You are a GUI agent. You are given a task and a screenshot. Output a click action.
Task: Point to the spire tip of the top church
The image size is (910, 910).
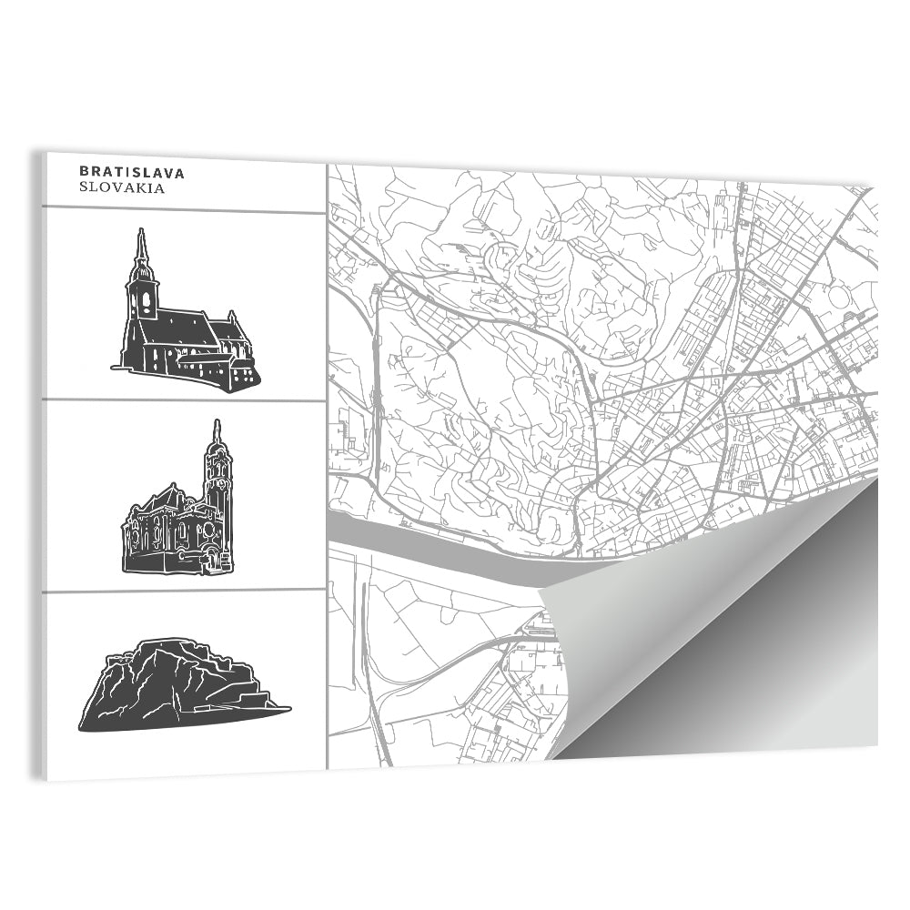140,231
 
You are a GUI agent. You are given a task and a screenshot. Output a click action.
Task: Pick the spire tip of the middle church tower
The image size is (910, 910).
217,423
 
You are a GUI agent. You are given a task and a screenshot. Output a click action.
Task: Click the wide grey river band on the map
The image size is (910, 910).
437,546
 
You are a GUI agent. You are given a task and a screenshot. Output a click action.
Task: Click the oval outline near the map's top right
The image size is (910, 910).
843,297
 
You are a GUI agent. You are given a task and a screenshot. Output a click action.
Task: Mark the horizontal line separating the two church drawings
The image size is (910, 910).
182,399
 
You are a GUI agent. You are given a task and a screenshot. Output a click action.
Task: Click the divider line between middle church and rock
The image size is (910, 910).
182,590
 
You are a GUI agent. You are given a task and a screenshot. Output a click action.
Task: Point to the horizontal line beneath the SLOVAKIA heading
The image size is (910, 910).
182,210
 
